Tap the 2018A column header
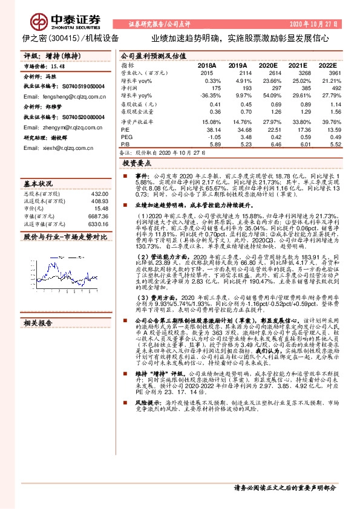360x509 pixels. click(207, 65)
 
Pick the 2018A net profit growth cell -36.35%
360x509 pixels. click(211, 96)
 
